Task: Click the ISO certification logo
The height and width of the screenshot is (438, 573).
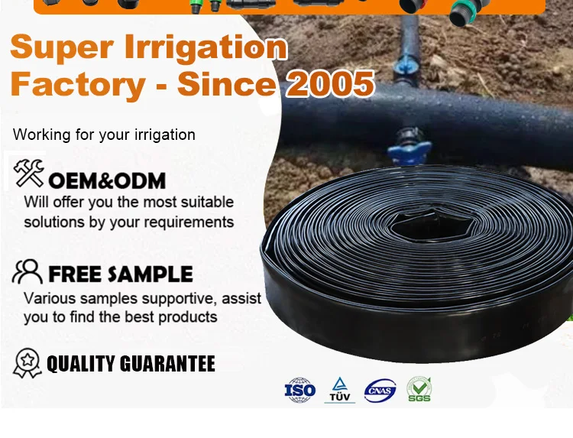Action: (299, 390)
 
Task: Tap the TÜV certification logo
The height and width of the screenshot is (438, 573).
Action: (339, 390)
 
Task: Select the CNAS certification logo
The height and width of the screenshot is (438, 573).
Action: (380, 391)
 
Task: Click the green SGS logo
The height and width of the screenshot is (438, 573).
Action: (419, 390)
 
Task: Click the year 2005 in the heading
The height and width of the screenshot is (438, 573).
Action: (330, 83)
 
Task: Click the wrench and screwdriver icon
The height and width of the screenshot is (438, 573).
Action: (28, 174)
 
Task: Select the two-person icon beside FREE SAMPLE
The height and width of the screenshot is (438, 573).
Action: (28, 271)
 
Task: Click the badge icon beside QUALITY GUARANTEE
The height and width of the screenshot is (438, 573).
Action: (28, 363)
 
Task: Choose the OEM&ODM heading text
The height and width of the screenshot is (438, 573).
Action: (107, 181)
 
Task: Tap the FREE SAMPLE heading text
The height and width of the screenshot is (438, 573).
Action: (121, 274)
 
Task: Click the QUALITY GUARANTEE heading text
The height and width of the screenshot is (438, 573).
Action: (131, 364)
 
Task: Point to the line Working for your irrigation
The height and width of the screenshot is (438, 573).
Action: (104, 135)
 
